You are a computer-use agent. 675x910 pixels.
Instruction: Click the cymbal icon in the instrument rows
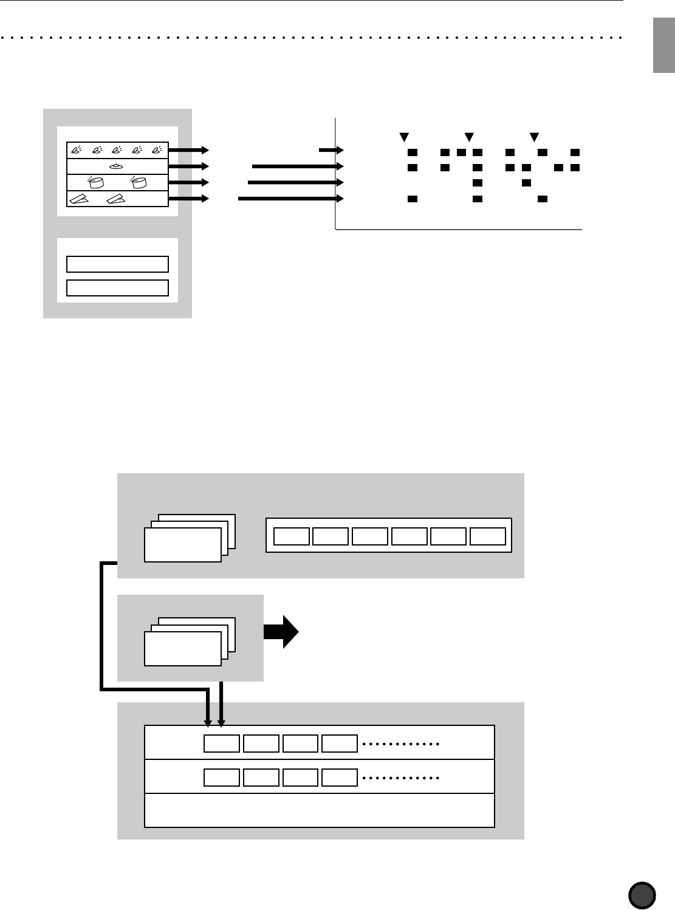pos(117,166)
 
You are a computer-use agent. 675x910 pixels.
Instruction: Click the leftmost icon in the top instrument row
pos(77,149)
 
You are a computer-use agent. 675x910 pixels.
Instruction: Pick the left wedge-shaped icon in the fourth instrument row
pos(78,199)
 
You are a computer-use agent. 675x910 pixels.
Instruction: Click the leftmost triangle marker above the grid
pos(402,136)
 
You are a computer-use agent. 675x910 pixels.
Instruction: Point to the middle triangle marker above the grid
pos(468,136)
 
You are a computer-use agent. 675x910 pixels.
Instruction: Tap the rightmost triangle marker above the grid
pos(534,136)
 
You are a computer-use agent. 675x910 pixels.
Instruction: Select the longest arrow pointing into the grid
pos(287,198)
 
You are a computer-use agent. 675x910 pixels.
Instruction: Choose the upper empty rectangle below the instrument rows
pos(117,264)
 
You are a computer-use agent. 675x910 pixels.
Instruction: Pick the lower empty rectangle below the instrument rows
pos(117,287)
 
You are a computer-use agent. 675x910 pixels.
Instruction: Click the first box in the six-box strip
pos(292,536)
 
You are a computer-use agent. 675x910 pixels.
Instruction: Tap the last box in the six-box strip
pos(488,536)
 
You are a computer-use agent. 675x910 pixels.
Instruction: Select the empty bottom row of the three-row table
pos(320,810)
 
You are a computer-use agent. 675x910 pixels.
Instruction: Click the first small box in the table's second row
pos(222,778)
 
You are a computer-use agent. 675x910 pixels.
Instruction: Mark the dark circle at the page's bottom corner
pos(642,895)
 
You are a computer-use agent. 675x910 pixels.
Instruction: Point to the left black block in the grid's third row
pos(477,182)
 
